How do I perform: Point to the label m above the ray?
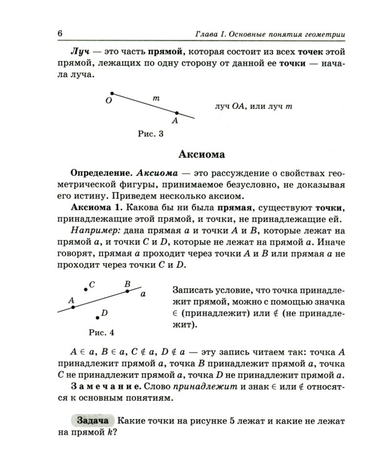156,98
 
